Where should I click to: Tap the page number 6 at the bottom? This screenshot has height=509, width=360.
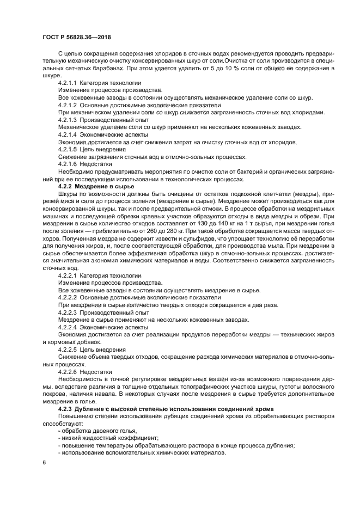coord(44,462)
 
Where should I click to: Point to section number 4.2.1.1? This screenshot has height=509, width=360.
coord(67,82)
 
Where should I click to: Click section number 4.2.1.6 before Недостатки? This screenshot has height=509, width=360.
coord(67,163)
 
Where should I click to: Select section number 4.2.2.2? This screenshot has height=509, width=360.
coord(67,297)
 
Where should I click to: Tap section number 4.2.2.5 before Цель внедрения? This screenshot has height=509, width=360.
coord(67,348)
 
